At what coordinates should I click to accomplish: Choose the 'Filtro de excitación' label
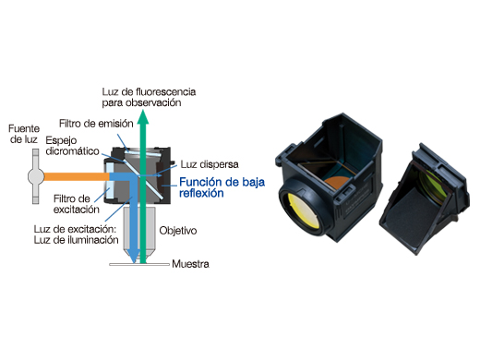point(71,203)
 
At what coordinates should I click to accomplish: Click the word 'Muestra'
point(191,265)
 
